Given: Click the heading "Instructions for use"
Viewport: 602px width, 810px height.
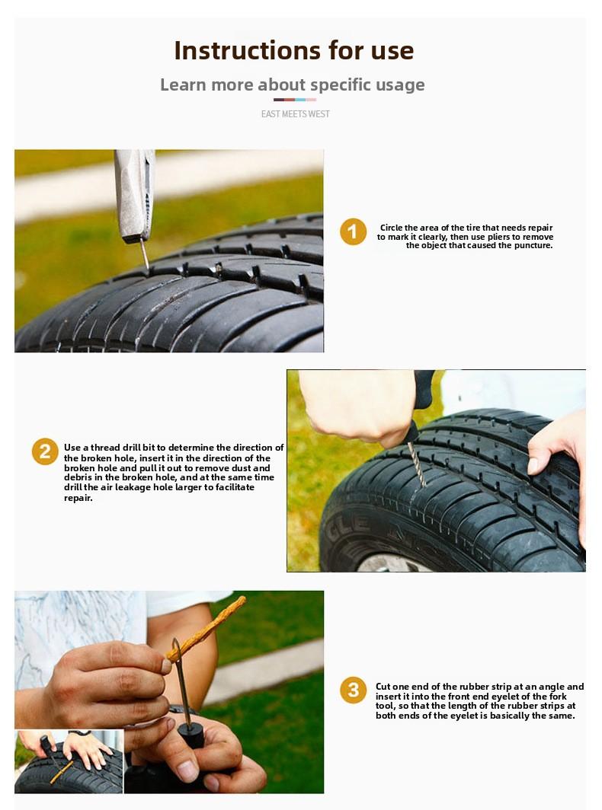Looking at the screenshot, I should coord(293,50).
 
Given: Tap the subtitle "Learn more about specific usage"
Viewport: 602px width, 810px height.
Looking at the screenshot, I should coord(292,85).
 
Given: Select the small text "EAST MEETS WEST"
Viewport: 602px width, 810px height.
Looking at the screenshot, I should coord(295,114).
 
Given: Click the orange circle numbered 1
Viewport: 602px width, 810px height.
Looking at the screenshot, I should coord(353,231).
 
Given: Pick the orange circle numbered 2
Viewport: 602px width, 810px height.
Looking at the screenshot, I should coord(45,451).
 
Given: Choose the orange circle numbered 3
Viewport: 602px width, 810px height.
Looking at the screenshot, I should coord(353,690).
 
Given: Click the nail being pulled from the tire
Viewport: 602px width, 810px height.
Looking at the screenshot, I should coord(143,254).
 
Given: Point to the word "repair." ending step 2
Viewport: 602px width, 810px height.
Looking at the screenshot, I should coord(78,498).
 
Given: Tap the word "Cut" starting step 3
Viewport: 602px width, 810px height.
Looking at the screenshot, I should coord(383,687).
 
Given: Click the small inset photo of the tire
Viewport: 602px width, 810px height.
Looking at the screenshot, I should coord(69,761).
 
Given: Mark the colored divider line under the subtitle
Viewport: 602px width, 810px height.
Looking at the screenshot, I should coord(295,100).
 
